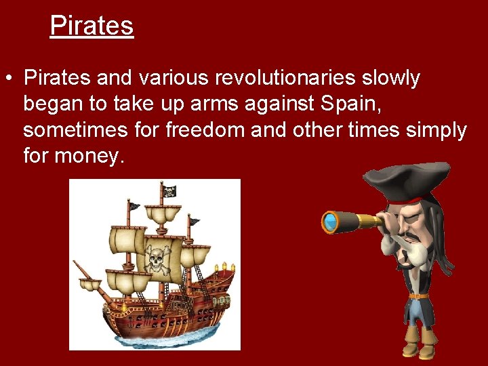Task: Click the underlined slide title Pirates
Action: (91, 26)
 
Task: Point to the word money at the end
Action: (89, 156)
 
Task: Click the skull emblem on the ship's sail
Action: (157, 259)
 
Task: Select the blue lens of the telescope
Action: (330, 222)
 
